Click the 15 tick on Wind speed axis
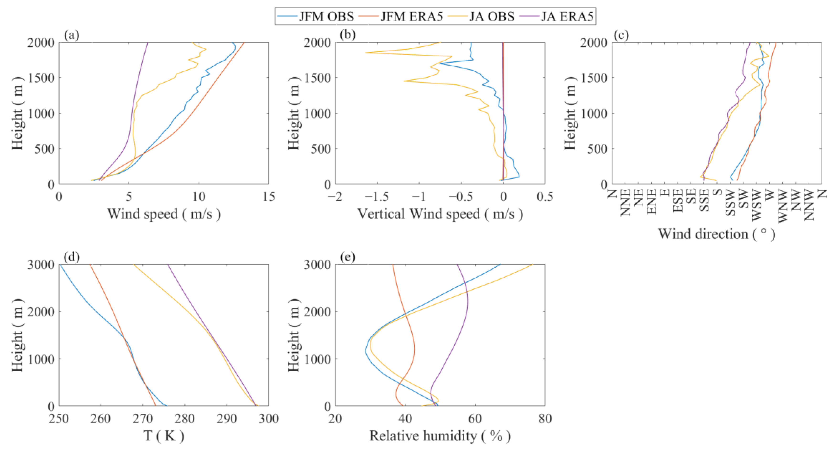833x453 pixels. point(268,197)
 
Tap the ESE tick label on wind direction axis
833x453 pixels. point(678,200)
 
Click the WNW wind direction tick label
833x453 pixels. point(783,204)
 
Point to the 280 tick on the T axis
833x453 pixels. point(185,419)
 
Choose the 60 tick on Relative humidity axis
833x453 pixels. point(475,419)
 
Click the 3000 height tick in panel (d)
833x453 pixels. point(41,265)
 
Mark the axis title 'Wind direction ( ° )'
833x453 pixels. point(717,234)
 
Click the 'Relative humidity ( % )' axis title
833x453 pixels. point(440,436)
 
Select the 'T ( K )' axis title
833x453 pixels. point(164,436)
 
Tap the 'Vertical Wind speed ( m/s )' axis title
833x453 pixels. point(440,214)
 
